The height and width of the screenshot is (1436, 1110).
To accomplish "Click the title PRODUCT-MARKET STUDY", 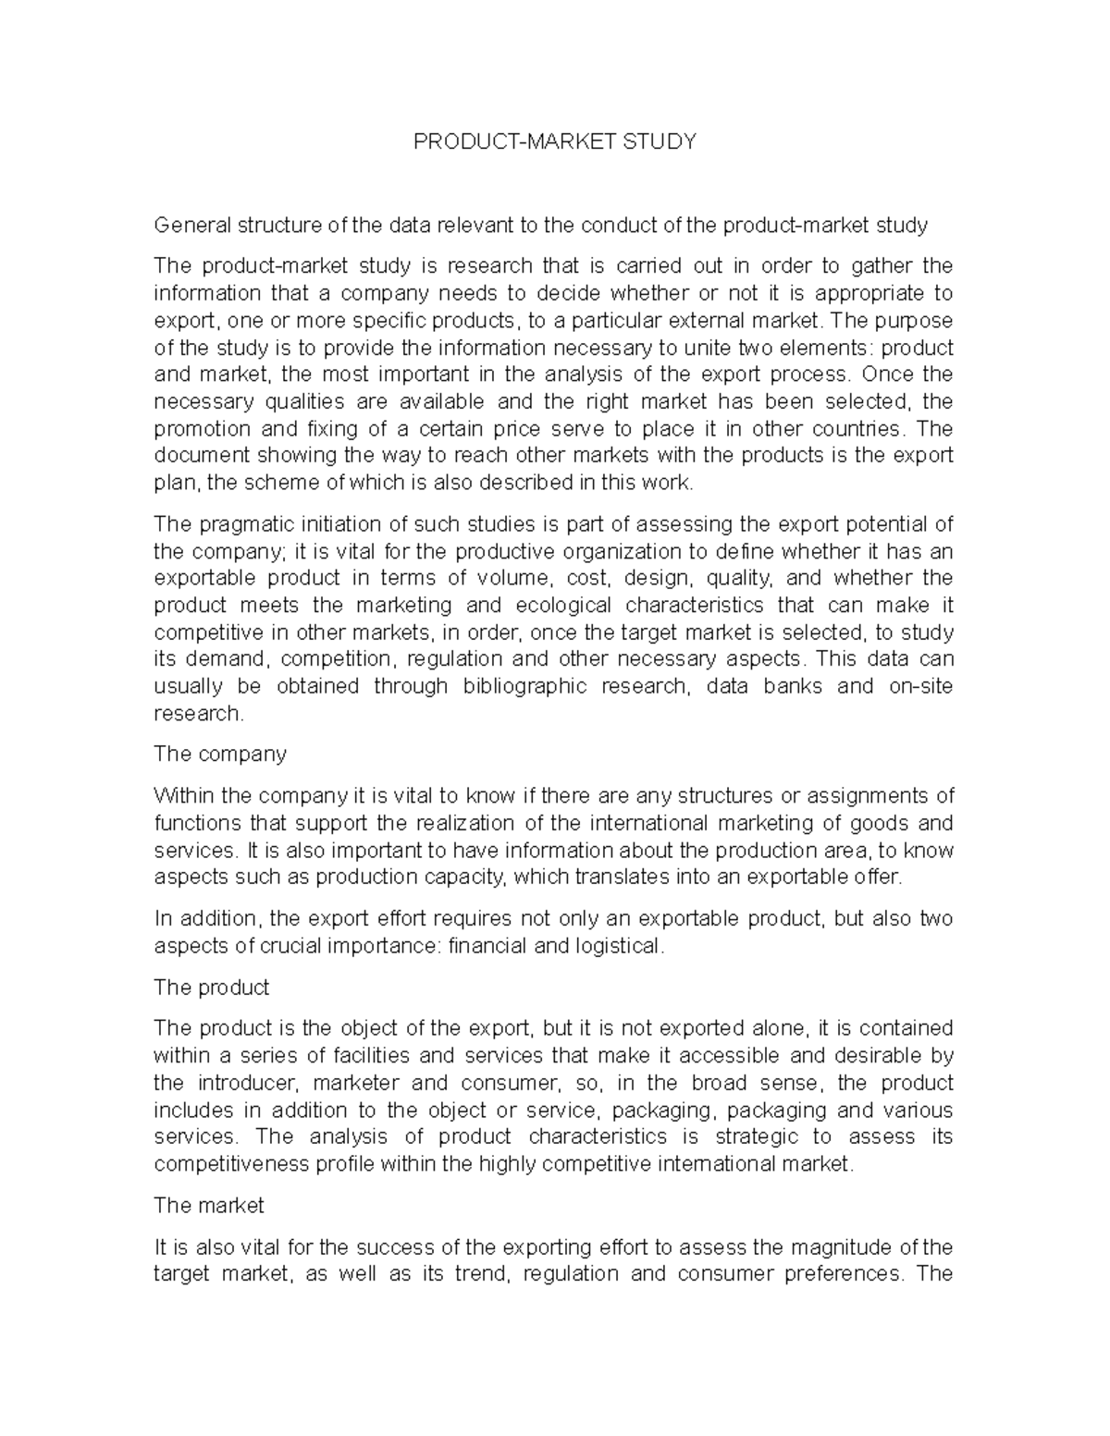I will coord(554,141).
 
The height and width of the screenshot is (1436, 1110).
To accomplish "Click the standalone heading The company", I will coord(220,755).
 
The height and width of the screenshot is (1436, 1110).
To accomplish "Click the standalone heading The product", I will coord(211,988).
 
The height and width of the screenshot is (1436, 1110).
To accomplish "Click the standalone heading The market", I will coord(209,1206).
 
